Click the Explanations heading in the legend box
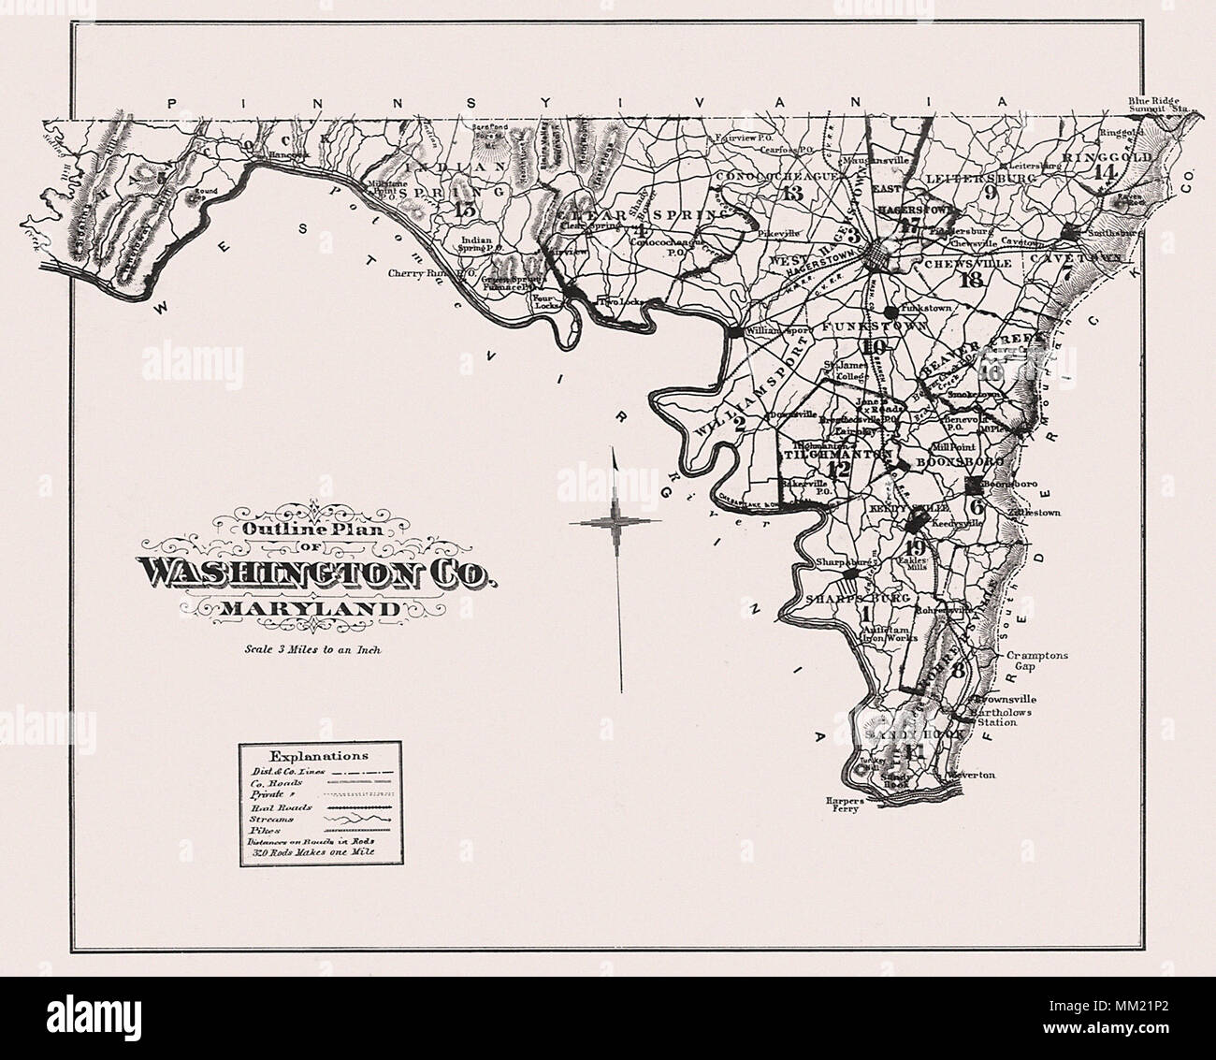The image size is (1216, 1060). click(x=319, y=754)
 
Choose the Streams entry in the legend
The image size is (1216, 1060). click(x=270, y=817)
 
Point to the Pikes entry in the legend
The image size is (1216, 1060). click(x=265, y=830)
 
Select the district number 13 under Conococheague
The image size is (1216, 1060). click(x=793, y=194)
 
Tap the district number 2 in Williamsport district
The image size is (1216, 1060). click(x=739, y=423)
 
